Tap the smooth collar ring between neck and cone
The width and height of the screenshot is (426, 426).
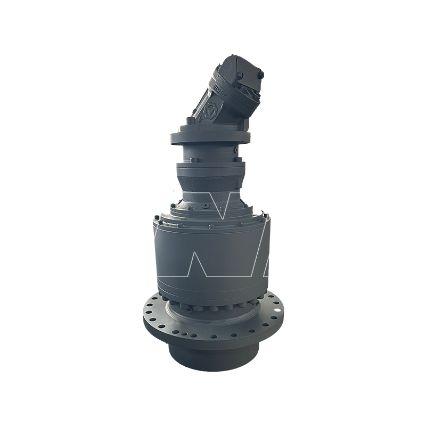[x=210, y=173]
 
